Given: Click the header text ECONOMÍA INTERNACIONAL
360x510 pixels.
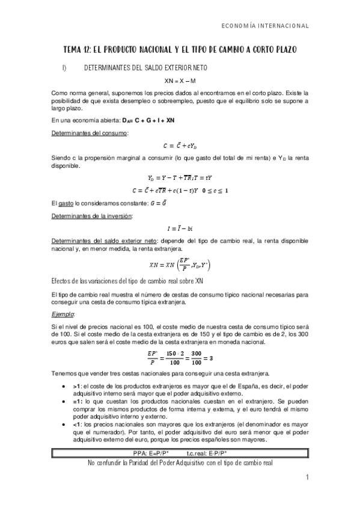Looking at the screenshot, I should coord(265,26).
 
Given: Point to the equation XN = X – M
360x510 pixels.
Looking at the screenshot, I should coord(180,81).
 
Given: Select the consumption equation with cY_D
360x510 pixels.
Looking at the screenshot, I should coord(180,146).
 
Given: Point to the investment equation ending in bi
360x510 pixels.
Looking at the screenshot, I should coord(180,228).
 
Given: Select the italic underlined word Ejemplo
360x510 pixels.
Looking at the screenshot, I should coord(63,315).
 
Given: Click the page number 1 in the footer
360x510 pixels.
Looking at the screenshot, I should coord(306,478).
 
